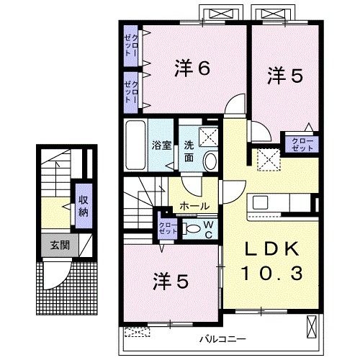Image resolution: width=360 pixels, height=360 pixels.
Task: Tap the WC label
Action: (x=207, y=229)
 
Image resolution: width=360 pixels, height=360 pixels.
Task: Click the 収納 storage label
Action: (x=83, y=206)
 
